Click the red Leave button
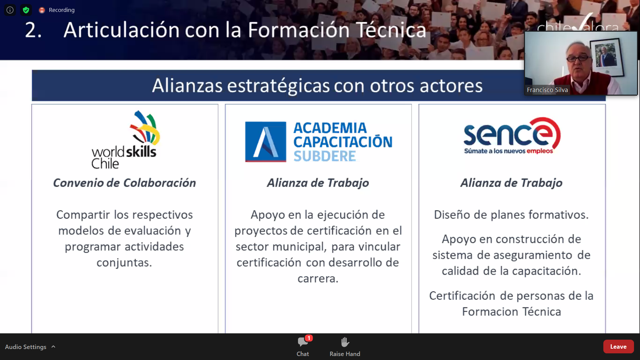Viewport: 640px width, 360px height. click(618, 347)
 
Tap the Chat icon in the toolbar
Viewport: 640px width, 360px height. click(303, 342)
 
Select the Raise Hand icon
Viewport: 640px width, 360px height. click(345, 342)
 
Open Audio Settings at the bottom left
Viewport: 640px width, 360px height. click(26, 347)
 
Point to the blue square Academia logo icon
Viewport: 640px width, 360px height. click(266, 142)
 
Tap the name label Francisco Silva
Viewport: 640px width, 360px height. click(547, 90)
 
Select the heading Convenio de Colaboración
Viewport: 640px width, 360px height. click(125, 183)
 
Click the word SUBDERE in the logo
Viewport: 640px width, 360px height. click(325, 156)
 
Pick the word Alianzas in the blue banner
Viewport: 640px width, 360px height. click(187, 85)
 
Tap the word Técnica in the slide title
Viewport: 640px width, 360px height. click(391, 30)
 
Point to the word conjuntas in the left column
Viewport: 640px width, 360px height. click(124, 263)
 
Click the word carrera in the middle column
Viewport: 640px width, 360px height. click(318, 279)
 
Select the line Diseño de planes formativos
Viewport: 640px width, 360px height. click(511, 215)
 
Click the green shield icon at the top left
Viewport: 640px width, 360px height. click(26, 10)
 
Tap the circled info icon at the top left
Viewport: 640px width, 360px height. click(10, 10)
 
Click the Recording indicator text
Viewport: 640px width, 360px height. click(62, 10)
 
